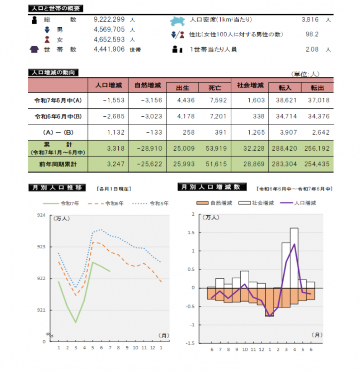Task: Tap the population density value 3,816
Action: click(310, 20)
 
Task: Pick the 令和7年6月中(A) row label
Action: click(57, 100)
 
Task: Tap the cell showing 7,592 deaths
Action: click(217, 100)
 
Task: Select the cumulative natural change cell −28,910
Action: click(148, 149)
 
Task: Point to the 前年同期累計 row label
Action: click(57, 164)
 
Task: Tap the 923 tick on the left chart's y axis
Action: click(42, 247)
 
